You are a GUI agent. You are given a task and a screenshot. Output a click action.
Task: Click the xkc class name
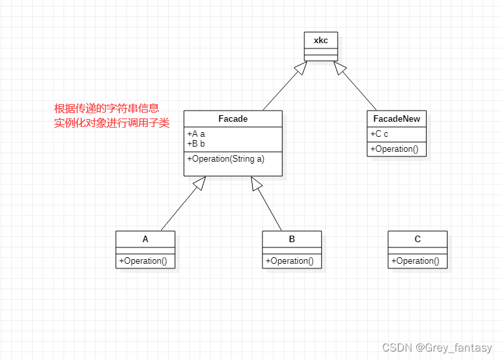click(321, 40)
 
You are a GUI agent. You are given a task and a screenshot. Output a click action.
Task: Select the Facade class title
click(232, 118)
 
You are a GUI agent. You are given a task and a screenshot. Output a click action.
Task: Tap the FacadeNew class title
click(397, 118)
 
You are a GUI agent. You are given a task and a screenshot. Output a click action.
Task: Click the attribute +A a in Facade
click(196, 134)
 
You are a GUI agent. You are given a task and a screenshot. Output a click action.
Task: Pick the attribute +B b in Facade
click(196, 143)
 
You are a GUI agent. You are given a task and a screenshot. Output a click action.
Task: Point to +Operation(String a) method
click(226, 158)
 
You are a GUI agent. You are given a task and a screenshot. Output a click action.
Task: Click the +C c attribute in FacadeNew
click(380, 134)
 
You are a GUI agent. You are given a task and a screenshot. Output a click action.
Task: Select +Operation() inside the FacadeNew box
click(394, 149)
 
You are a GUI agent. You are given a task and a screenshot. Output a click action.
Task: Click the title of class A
click(145, 239)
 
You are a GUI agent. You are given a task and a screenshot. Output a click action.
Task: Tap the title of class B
click(292, 239)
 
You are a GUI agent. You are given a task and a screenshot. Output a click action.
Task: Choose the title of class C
click(418, 239)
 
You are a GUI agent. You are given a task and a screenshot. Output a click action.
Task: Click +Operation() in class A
click(143, 261)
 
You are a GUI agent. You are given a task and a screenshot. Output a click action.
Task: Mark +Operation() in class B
click(289, 261)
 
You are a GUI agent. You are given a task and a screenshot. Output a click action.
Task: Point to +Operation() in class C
click(415, 261)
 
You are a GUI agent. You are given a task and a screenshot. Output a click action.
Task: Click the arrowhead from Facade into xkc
click(300, 67)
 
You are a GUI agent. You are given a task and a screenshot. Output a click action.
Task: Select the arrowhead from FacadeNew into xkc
click(340, 67)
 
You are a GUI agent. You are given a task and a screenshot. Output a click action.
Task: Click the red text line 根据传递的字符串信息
click(107, 108)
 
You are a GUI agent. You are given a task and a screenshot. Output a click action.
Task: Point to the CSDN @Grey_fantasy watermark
click(437, 348)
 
